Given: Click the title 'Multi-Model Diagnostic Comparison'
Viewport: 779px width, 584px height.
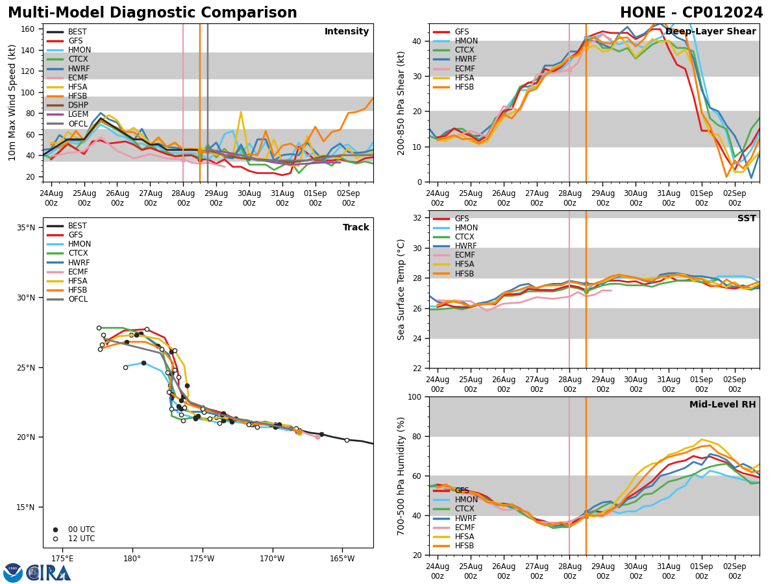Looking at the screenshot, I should (153, 13).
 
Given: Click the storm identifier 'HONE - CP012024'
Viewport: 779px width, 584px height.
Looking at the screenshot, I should (691, 13).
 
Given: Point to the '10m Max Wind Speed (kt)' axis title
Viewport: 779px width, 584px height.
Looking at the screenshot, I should (12, 103).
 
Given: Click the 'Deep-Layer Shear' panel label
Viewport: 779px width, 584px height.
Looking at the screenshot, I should (710, 32).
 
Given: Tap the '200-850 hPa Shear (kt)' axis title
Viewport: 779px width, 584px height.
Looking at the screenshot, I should (402, 103).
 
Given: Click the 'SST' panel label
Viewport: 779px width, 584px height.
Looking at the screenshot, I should (746, 219).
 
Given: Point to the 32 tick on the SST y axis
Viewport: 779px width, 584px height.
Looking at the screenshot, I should (419, 218).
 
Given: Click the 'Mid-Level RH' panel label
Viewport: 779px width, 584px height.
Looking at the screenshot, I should (723, 405).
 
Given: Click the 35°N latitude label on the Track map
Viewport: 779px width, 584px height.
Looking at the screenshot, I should (26, 228).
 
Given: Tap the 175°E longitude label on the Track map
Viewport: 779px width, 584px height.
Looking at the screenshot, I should (62, 559).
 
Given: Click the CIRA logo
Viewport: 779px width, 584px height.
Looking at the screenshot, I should (49, 573).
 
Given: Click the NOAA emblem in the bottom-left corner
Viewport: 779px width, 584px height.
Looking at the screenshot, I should (13, 573).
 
